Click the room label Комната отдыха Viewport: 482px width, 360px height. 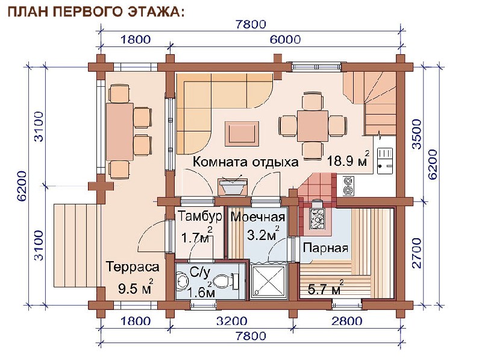point(245,162)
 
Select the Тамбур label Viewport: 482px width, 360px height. point(200,216)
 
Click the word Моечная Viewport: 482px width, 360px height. point(258,217)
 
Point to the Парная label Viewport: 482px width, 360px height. point(325,248)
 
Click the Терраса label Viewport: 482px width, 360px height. point(133,267)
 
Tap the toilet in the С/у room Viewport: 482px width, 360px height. point(225,281)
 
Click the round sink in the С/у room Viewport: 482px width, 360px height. point(183,281)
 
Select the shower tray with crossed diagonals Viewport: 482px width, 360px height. point(269,281)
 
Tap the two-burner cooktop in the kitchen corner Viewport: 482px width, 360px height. point(348,186)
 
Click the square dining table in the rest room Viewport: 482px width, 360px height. point(313,126)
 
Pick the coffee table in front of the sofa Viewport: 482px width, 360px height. point(242,133)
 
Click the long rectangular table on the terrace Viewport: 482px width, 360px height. point(119,131)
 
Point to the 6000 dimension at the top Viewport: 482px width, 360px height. point(285,40)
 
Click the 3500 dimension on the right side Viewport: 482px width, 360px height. point(416,134)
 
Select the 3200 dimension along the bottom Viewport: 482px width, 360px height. point(231,321)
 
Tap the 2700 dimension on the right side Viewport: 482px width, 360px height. point(416,253)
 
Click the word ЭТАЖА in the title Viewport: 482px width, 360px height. point(156,11)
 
